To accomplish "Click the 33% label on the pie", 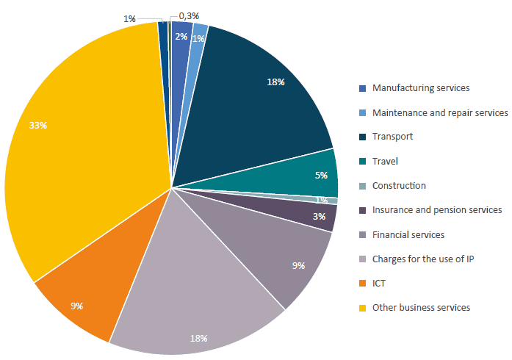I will (x=38, y=126).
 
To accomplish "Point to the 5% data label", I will (x=321, y=176).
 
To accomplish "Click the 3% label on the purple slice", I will (x=319, y=216).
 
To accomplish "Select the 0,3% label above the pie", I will (x=189, y=15).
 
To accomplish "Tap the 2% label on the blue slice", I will (x=181, y=36).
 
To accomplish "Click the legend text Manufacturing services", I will (x=420, y=88).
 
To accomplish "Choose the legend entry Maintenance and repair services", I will (x=440, y=112).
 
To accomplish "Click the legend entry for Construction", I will (x=399, y=186).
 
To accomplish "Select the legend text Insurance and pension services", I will (x=437, y=210).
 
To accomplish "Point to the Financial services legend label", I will (x=408, y=234).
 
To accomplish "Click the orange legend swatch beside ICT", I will (x=362, y=283).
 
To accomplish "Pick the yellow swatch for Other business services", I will (x=362, y=307).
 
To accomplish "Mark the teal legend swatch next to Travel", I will (x=362, y=162).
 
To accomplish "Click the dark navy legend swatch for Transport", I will (x=362, y=137).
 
